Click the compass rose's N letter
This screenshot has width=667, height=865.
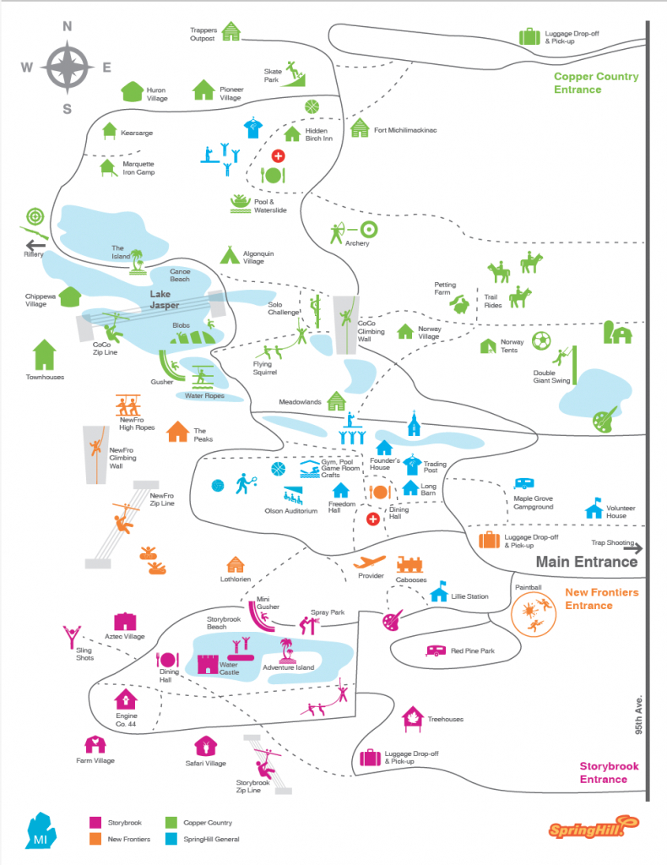(x=67, y=26)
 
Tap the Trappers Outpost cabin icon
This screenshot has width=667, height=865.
(x=230, y=31)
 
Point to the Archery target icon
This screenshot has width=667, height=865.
(x=367, y=229)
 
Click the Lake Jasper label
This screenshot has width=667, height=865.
(x=165, y=299)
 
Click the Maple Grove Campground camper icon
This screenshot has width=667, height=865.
(x=524, y=485)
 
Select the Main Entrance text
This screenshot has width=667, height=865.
(x=587, y=562)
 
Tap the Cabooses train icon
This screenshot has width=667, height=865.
(x=411, y=563)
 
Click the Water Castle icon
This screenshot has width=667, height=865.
(x=209, y=663)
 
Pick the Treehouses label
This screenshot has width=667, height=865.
(x=445, y=719)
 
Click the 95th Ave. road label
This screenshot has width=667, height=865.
(x=640, y=714)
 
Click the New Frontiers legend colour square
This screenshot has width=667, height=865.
(x=95, y=839)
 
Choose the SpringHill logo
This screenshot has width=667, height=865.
(x=586, y=829)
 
